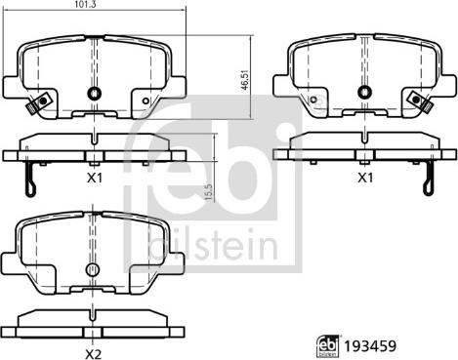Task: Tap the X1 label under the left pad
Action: [95, 178]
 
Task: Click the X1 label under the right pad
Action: [365, 178]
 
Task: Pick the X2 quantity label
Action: [94, 355]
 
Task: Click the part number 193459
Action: [370, 346]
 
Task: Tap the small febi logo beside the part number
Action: [328, 345]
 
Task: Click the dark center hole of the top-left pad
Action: [95, 94]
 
